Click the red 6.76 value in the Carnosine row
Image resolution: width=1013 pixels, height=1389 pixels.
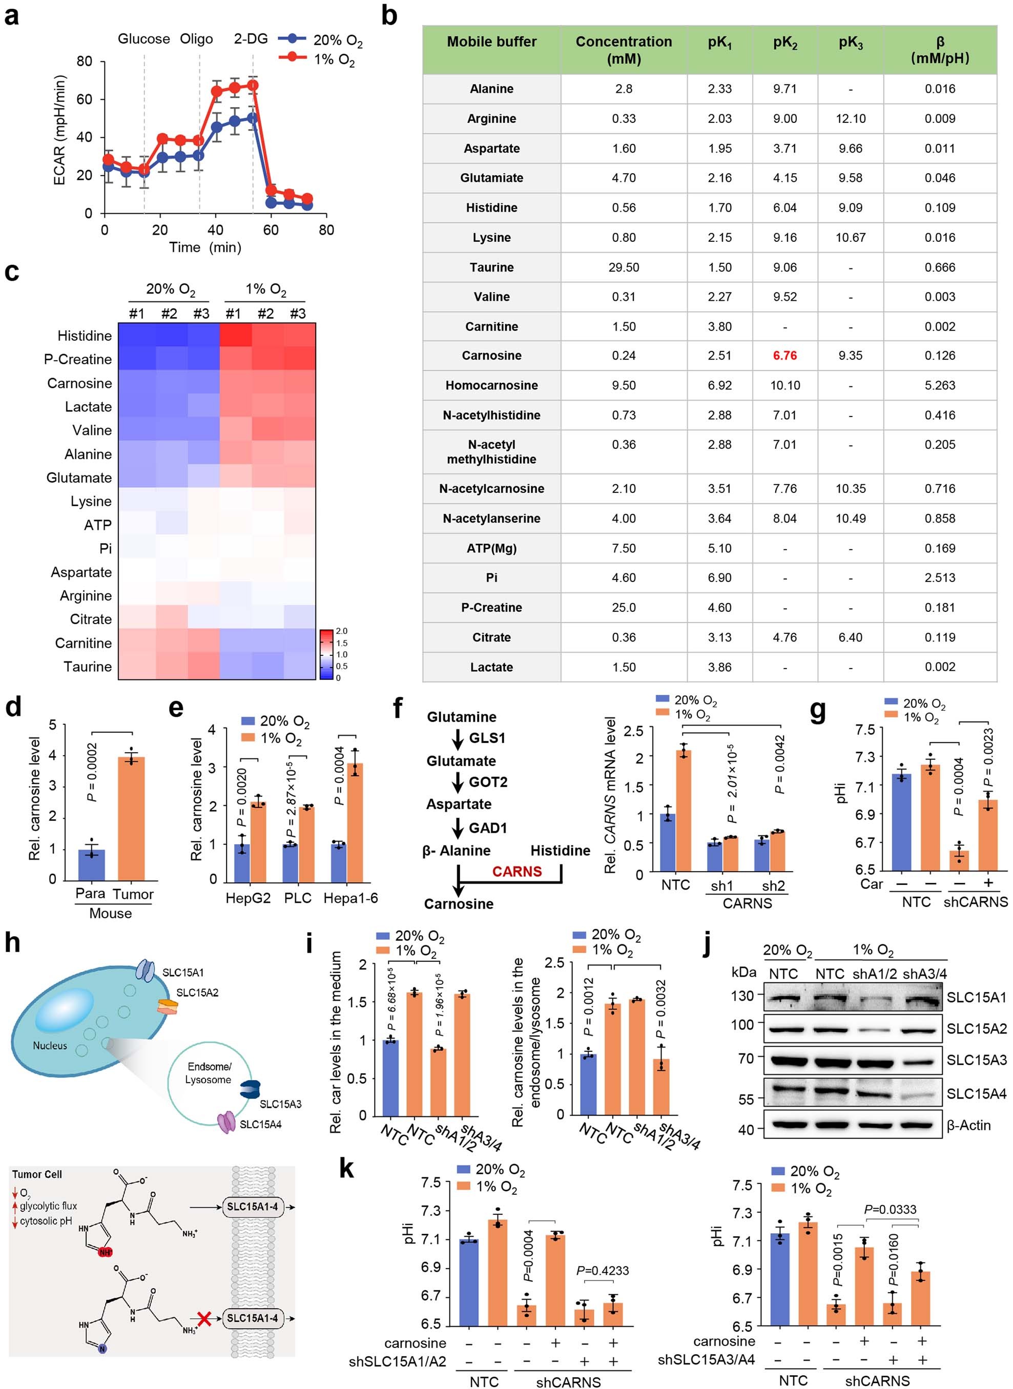point(784,356)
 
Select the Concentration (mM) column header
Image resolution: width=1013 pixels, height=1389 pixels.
point(623,50)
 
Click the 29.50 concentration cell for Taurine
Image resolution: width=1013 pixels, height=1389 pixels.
point(623,267)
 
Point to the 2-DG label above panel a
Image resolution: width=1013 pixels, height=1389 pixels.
point(251,38)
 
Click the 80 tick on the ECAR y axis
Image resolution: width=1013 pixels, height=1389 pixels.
point(85,61)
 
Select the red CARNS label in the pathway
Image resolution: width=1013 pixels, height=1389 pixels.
point(516,871)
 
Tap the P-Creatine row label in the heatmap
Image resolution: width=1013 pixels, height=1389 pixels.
point(78,359)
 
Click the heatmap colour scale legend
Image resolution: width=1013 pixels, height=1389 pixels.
point(326,654)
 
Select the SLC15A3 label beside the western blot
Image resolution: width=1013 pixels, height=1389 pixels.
point(976,1060)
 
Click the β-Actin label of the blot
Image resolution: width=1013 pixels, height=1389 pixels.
point(968,1126)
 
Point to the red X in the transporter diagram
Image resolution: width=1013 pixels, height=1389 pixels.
point(205,1317)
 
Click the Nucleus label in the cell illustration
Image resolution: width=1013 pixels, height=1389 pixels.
point(50,1045)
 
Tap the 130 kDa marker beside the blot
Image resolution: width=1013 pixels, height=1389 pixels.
point(742,996)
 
